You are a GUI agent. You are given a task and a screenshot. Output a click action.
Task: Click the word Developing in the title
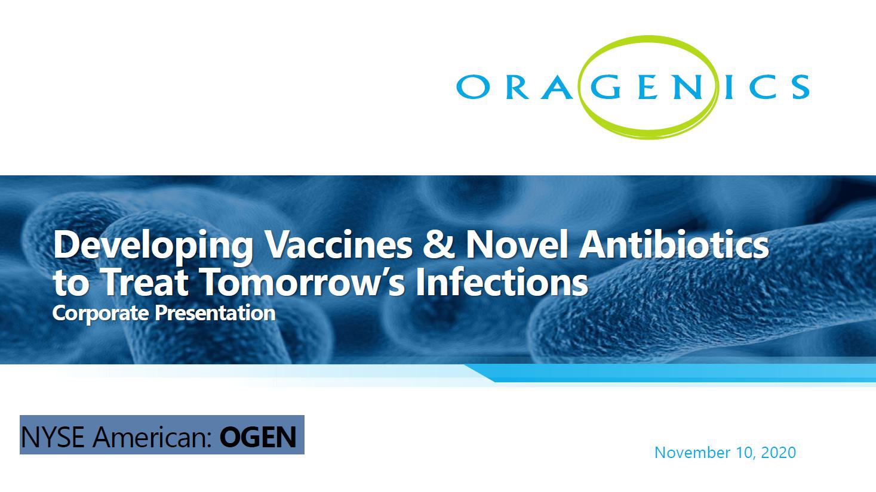coord(153,246)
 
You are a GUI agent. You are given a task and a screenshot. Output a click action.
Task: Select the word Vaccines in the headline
coord(339,245)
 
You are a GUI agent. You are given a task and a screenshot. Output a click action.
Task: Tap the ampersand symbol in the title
coord(439,245)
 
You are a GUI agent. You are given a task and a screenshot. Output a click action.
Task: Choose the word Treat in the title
coord(145,281)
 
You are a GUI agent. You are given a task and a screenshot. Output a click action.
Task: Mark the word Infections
coord(502,281)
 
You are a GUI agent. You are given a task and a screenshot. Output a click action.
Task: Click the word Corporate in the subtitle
coord(100,314)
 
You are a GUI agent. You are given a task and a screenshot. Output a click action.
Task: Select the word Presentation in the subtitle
coord(215,312)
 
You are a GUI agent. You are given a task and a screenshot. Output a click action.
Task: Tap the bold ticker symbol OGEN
coord(258,437)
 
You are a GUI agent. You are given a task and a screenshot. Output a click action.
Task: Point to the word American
coord(152,437)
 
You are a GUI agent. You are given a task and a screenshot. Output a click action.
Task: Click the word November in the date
coord(692,453)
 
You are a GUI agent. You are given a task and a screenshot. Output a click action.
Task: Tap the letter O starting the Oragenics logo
coord(473,86)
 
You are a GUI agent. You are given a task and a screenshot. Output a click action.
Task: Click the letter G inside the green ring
coord(605,86)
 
